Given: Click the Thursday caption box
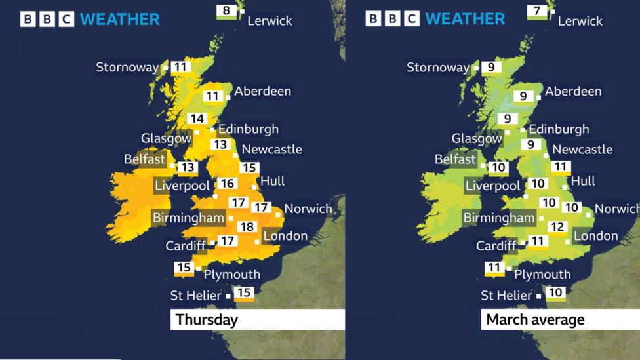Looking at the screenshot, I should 257,320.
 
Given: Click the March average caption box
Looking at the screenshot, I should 560,320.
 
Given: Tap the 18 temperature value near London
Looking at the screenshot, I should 247,227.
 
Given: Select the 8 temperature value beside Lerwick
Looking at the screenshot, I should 227,10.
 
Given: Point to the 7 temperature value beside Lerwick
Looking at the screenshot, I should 537,10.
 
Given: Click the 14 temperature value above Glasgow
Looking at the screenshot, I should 197,119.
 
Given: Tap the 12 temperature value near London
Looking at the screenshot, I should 557,227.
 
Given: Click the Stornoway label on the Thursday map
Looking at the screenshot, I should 127,67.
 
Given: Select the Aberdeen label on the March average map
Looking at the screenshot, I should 572,91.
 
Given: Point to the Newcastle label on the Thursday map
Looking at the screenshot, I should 271,150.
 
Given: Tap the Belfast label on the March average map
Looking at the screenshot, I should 455,159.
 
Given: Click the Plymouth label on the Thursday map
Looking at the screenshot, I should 231,274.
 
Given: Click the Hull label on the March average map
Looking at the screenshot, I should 583,181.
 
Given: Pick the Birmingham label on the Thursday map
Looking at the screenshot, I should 188,218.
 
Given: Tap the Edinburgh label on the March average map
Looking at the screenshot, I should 559,129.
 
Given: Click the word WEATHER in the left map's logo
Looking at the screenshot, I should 120,20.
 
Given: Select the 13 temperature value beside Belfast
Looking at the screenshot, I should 188,167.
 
